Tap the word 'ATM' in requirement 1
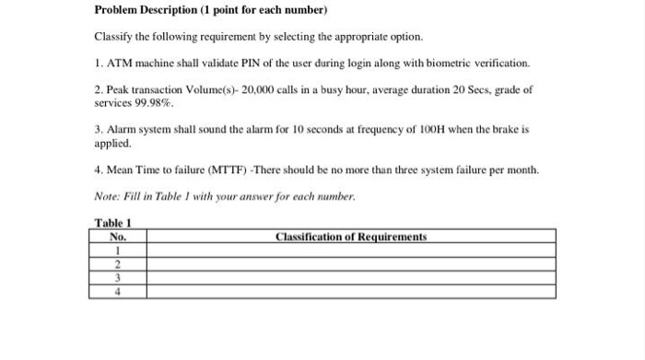pyautogui.click(x=122, y=64)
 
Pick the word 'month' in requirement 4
pyautogui.click(x=521, y=171)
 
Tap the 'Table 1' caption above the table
pyautogui.click(x=113, y=223)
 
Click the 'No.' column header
pyautogui.click(x=117, y=237)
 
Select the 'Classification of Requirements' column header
pyautogui.click(x=351, y=237)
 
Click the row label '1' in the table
pyautogui.click(x=118, y=250)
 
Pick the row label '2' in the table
pyautogui.click(x=118, y=263)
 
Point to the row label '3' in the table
pyautogui.click(x=118, y=277)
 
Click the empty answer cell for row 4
pyautogui.click(x=351, y=291)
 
